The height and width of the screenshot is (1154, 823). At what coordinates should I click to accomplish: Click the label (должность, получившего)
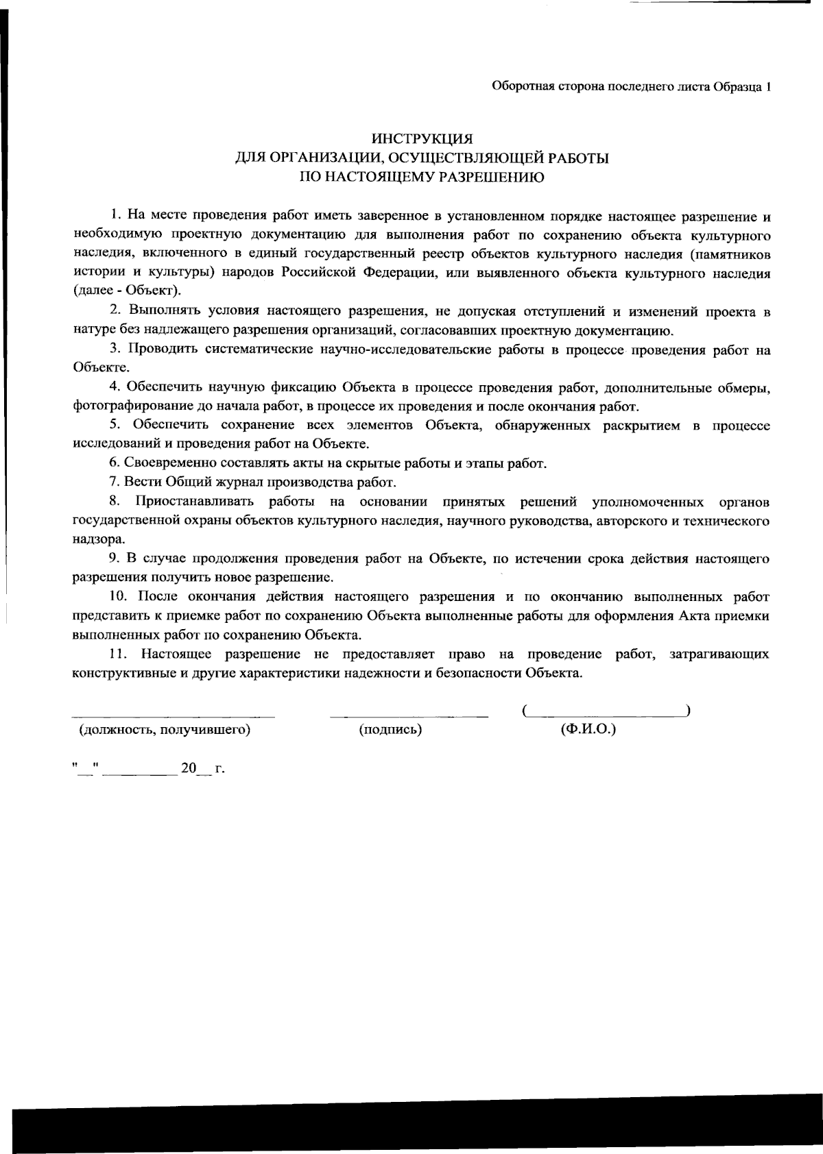point(165,729)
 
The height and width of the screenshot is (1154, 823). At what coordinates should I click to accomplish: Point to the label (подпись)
point(390,730)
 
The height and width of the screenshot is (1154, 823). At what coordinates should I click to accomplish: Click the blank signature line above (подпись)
point(409,715)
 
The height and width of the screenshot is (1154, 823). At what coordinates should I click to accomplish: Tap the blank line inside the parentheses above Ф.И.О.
point(606,714)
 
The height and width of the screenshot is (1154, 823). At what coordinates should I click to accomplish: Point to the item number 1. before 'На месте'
point(115,218)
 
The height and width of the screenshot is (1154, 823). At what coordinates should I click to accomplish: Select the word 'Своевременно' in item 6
point(165,463)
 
